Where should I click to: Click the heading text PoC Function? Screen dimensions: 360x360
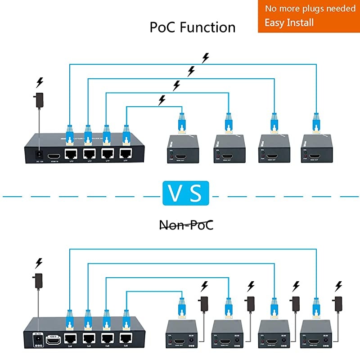pyautogui.click(x=193, y=27)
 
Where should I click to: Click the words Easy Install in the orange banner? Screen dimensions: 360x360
pyautogui.click(x=289, y=22)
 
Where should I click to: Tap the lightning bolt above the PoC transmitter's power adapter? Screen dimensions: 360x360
pyautogui.click(x=40, y=83)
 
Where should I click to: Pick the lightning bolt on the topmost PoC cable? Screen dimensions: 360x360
pyautogui.click(x=206, y=58)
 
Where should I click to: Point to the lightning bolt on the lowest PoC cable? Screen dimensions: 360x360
pyautogui.click(x=162, y=100)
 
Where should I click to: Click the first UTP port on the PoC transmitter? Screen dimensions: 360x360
pyautogui.click(x=71, y=154)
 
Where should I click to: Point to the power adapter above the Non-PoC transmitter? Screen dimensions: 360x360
pyautogui.click(x=39, y=279)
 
